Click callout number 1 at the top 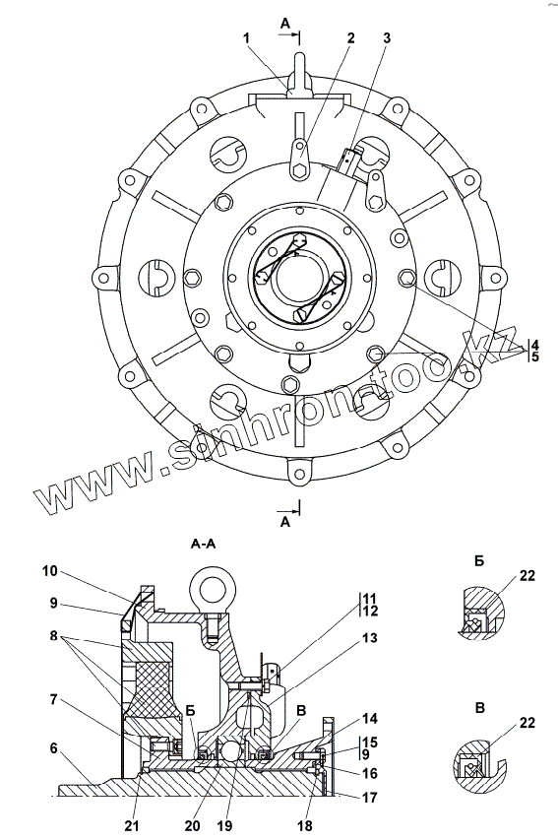click(x=246, y=38)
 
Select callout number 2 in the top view click(x=350, y=38)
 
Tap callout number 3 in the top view click(x=386, y=38)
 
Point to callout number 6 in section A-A click(x=52, y=748)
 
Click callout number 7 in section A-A click(x=52, y=700)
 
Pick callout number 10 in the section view click(x=50, y=572)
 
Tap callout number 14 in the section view click(x=369, y=719)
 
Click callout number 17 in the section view click(x=369, y=798)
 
